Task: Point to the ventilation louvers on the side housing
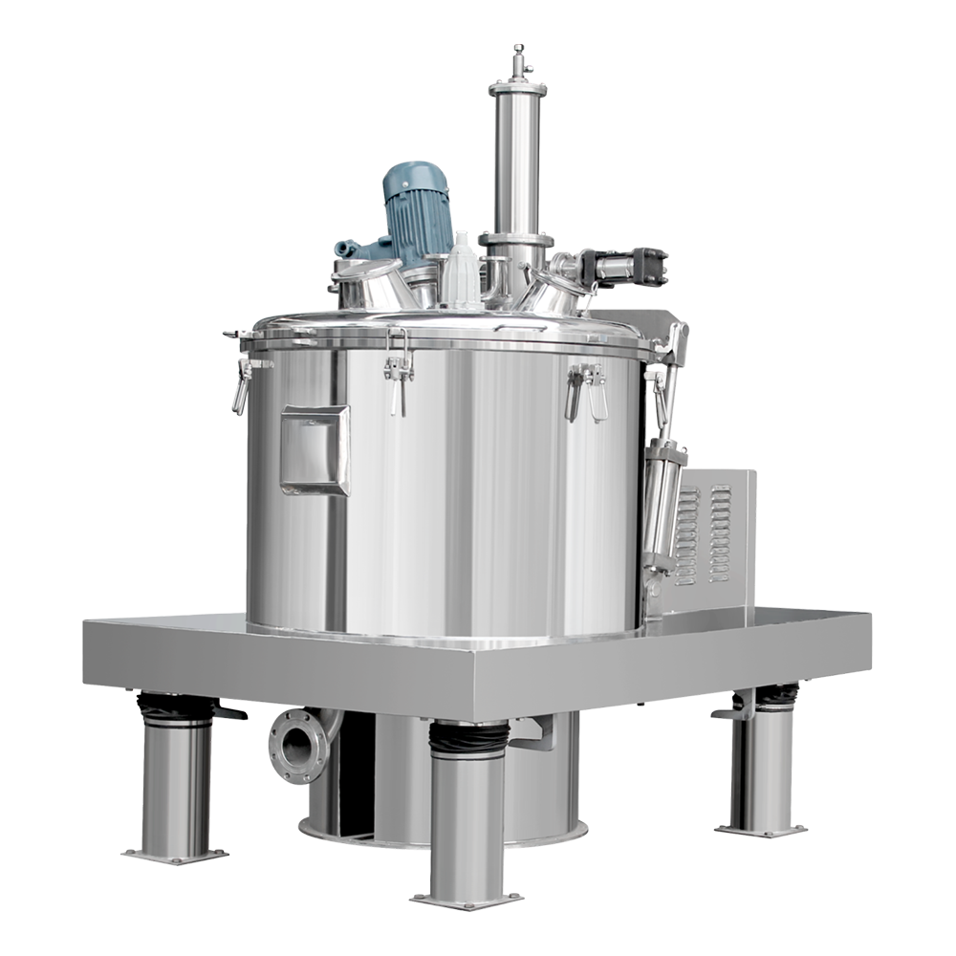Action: pos(703,535)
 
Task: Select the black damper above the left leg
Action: pos(174,710)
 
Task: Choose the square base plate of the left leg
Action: pos(174,846)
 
